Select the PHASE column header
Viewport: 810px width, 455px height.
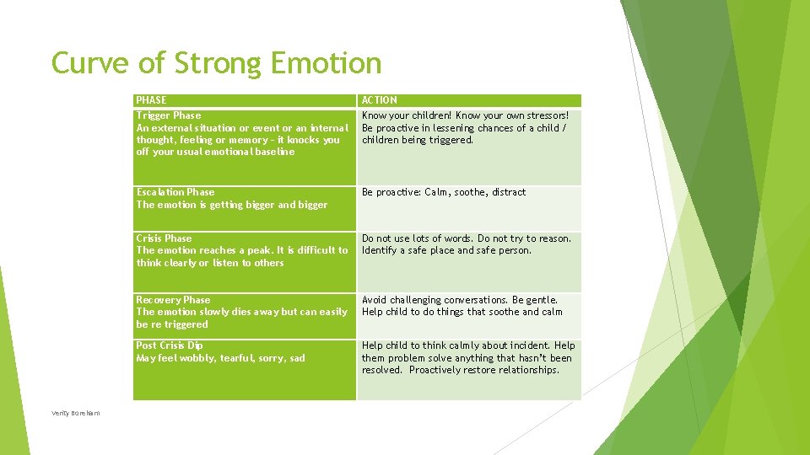click(151, 100)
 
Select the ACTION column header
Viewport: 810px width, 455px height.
click(380, 100)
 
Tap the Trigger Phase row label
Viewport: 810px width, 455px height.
click(169, 115)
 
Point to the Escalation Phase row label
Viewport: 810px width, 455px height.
click(175, 192)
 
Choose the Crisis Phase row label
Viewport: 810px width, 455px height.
click(164, 238)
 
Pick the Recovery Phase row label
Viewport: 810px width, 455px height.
click(173, 300)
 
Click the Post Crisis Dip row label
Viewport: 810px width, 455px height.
click(170, 345)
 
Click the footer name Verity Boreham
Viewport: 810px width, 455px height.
click(75, 413)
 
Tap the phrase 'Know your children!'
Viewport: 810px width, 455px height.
click(407, 115)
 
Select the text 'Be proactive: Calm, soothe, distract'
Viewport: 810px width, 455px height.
click(444, 192)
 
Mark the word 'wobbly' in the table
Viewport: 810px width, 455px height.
click(197, 358)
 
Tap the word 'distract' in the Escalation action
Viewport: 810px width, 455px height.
click(509, 192)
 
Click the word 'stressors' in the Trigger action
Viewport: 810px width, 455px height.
click(543, 115)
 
